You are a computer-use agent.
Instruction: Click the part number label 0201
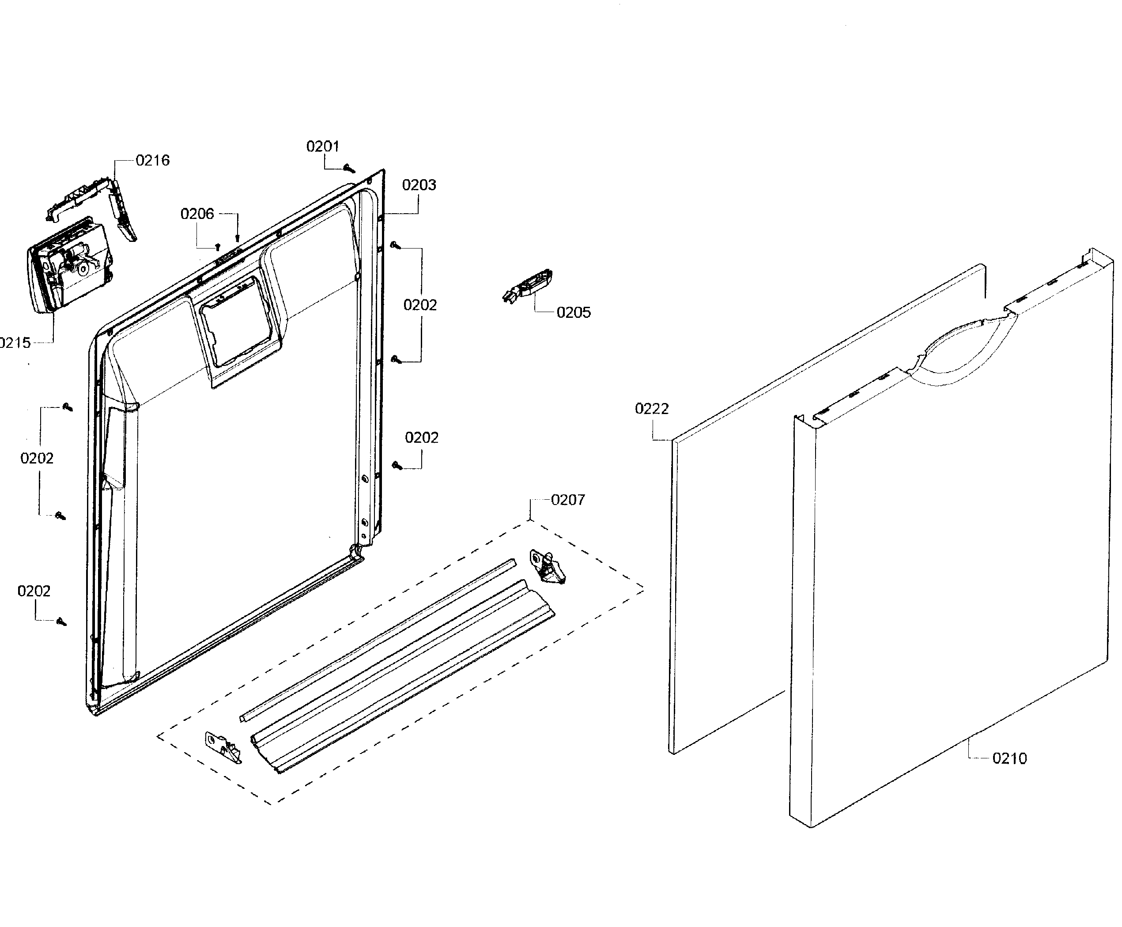click(x=322, y=146)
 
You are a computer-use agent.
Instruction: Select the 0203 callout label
click(x=419, y=185)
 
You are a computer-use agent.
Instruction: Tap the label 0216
click(x=152, y=160)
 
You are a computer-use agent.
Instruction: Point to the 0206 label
click(x=197, y=214)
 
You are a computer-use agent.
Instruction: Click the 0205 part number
click(x=573, y=313)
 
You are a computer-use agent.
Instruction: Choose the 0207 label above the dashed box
click(x=568, y=500)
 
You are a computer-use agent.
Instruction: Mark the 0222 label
click(x=651, y=408)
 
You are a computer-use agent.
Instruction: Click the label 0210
click(x=1009, y=758)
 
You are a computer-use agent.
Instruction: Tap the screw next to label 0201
click(x=350, y=169)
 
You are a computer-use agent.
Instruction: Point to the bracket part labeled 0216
click(x=96, y=198)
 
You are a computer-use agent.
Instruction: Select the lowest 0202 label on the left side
click(x=34, y=591)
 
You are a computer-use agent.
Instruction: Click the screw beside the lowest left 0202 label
click(x=61, y=622)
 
